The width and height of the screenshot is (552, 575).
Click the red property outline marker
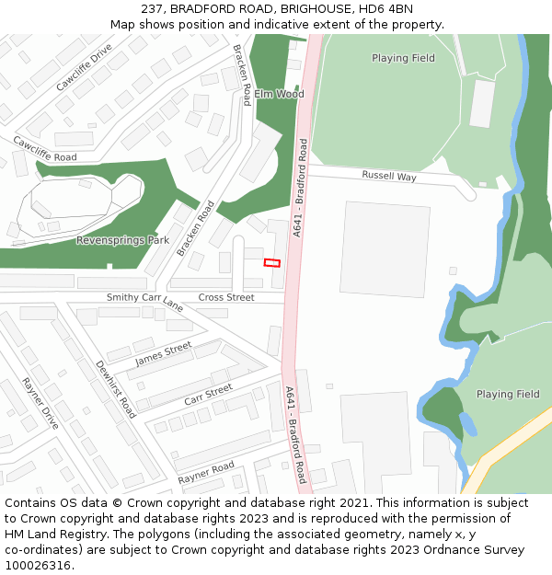[x=271, y=263]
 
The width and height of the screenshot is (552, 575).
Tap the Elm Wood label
[x=279, y=94]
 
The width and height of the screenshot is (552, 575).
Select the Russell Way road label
[x=389, y=175]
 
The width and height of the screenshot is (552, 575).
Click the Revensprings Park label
[x=122, y=240]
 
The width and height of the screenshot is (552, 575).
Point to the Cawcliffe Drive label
[x=84, y=67]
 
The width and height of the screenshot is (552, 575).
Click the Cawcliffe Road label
[x=44, y=150]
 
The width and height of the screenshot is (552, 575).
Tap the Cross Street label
[x=226, y=297]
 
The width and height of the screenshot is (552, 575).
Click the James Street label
[x=164, y=353]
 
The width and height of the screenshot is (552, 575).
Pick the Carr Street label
[x=208, y=396]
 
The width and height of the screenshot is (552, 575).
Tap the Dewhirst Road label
[x=116, y=389]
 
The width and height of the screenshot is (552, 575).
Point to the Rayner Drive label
[x=40, y=404]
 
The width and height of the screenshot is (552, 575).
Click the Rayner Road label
[x=206, y=473]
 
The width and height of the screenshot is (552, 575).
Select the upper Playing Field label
[x=403, y=58]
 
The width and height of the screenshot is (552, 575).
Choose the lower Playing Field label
[x=508, y=394]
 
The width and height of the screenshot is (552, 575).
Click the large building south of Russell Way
[x=385, y=248]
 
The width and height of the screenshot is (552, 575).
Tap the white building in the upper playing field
[x=482, y=104]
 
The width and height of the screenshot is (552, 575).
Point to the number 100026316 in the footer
[x=37, y=566]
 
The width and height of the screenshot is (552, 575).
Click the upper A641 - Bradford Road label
[x=299, y=189]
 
